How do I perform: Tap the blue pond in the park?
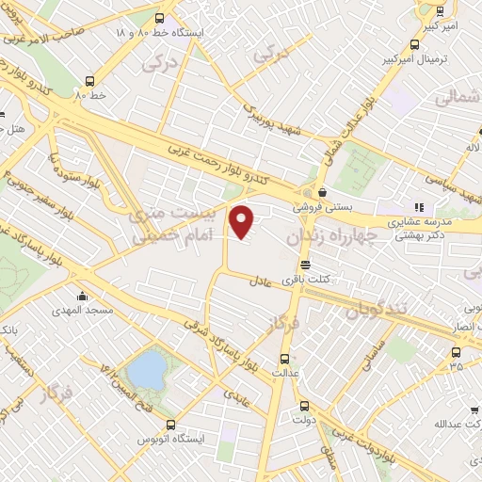[x=147, y=371]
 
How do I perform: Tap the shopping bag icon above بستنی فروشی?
[x=322, y=191]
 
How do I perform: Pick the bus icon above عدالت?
[x=284, y=359]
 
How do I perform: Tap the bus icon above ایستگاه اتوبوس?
[x=170, y=426]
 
